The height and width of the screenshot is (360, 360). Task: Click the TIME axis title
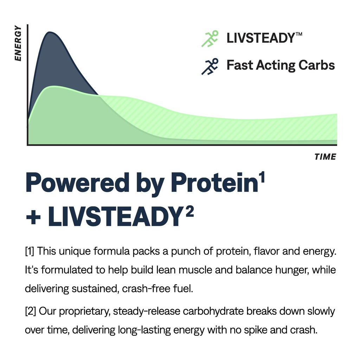pos(325,157)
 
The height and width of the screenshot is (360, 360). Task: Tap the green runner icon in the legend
pos(210,38)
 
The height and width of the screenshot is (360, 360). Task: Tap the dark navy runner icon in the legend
pos(210,66)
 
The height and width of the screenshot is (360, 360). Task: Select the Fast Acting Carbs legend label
pos(280,65)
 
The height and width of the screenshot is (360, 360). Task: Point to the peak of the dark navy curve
pos(50,33)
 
